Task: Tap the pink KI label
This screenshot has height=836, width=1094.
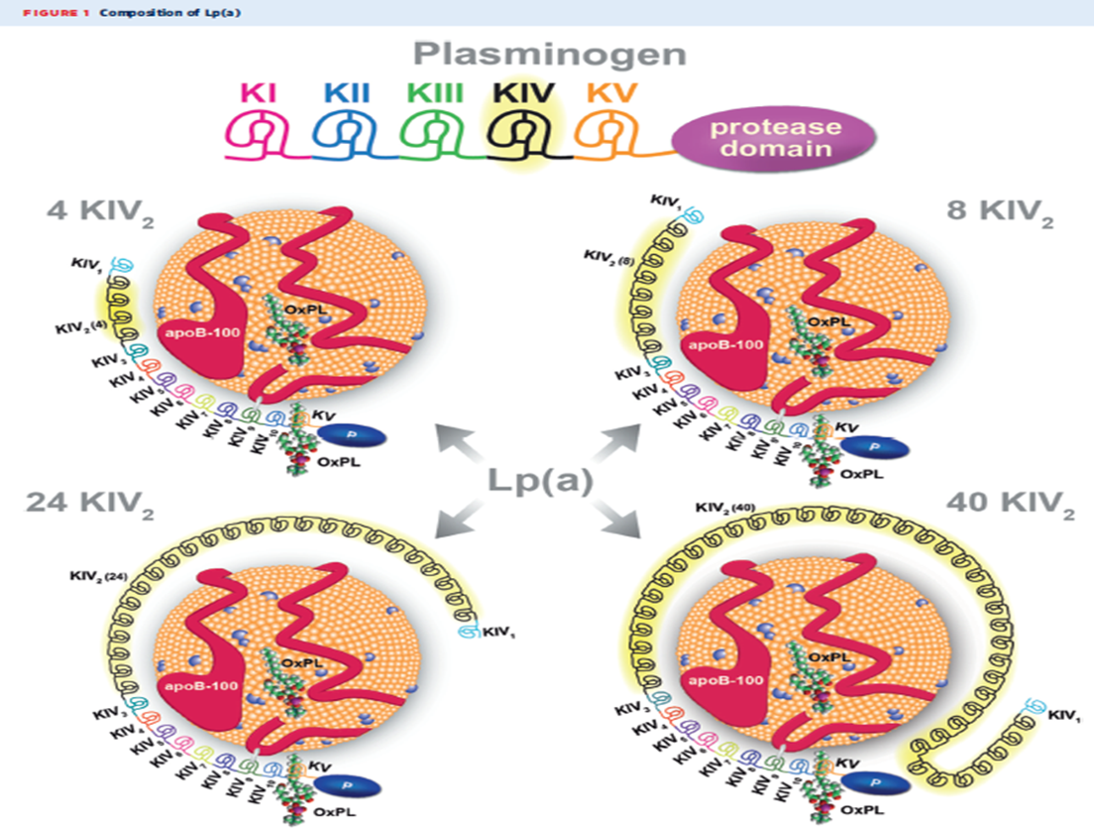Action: tap(260, 96)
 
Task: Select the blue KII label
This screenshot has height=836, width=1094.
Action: tap(346, 96)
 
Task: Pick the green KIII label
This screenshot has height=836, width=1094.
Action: tap(433, 96)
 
